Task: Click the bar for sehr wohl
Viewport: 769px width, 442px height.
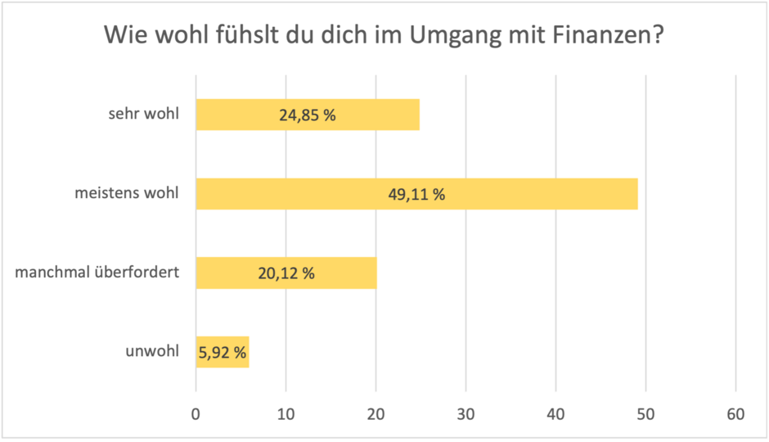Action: [x=245, y=115]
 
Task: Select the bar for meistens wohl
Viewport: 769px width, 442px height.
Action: [x=327, y=194]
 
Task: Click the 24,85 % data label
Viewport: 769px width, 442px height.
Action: [x=308, y=115]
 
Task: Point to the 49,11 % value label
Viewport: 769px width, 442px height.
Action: [x=417, y=195]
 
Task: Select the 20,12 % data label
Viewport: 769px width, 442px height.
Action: [x=286, y=274]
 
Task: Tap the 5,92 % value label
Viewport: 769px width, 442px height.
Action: [x=223, y=354]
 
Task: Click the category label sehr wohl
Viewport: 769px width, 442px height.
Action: [x=143, y=115]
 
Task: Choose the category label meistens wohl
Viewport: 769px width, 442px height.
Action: [x=126, y=195]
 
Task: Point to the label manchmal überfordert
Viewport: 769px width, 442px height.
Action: [x=97, y=274]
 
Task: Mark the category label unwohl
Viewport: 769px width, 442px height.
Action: [x=151, y=354]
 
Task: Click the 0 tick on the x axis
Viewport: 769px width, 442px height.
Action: [x=196, y=415]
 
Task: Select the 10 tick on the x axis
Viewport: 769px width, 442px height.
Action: [x=286, y=415]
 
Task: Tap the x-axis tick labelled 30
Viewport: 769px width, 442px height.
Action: [x=465, y=415]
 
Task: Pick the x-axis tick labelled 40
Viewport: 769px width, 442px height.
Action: [x=555, y=415]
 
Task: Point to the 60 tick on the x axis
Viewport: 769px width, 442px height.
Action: [x=735, y=415]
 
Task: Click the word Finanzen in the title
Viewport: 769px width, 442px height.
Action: [x=599, y=37]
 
